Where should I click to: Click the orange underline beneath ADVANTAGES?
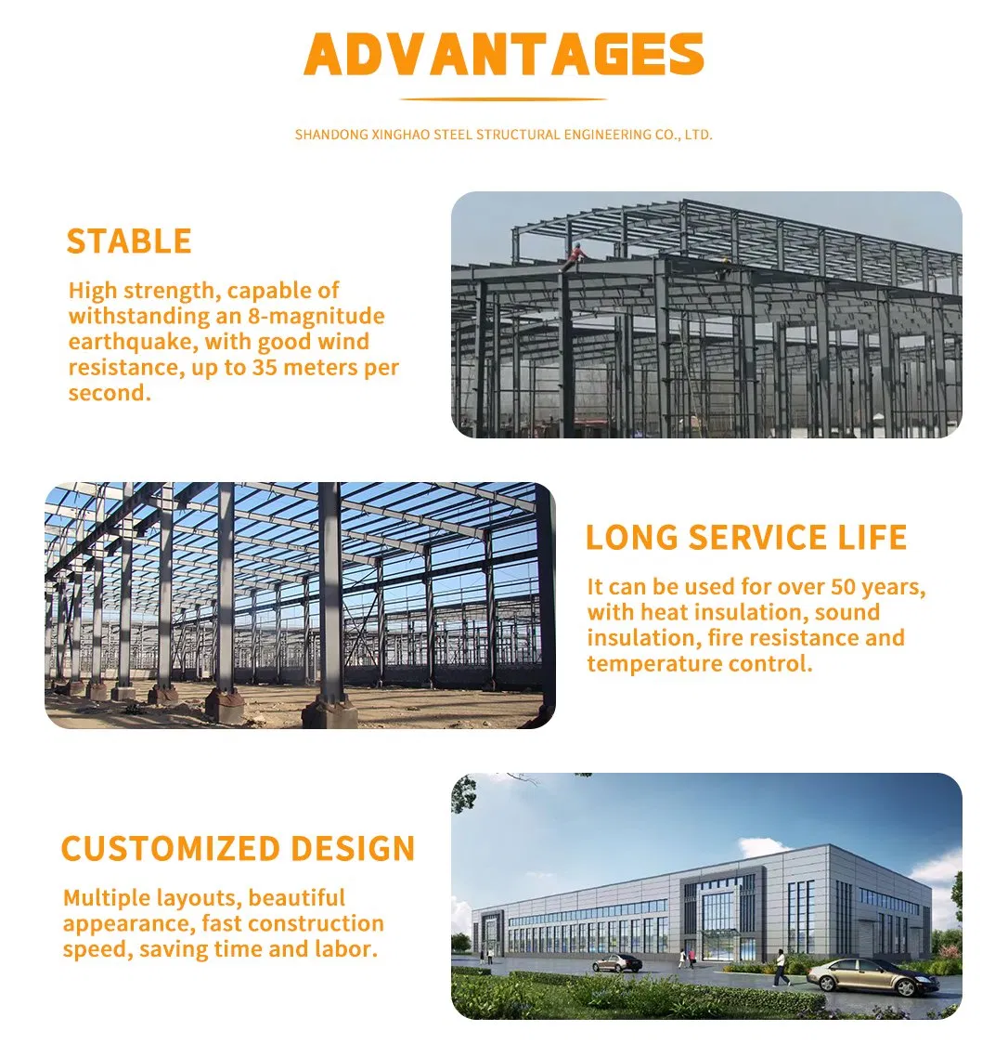[504, 99]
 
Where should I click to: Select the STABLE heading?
[129, 241]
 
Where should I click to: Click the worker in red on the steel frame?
[575, 254]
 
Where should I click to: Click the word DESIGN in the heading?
[353, 849]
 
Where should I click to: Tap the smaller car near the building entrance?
[617, 962]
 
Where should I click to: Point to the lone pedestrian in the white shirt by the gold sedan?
[781, 966]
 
